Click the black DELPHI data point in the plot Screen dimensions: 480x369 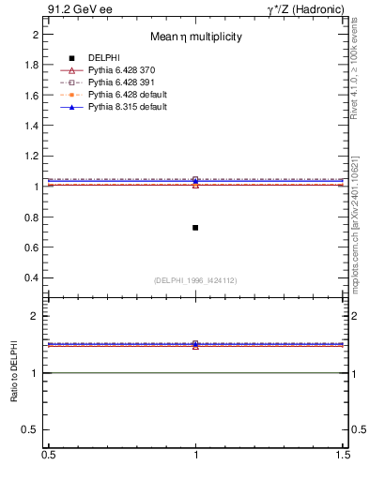pos(195,228)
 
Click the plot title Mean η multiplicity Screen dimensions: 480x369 pos(196,37)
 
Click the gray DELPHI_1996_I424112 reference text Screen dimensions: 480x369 pos(195,280)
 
